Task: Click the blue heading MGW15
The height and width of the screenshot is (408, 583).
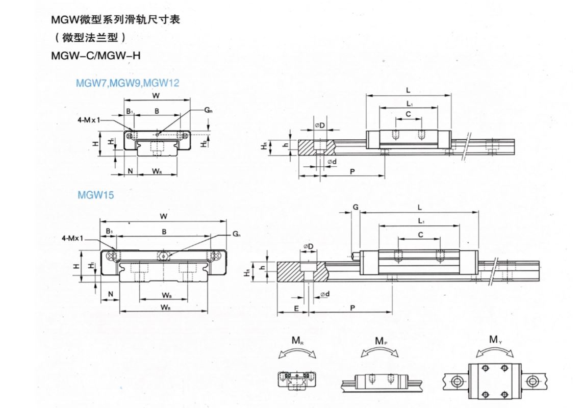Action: coord(95,194)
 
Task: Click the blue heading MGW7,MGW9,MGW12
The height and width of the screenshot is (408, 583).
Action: coord(127,83)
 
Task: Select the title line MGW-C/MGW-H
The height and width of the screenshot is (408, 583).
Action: coord(95,55)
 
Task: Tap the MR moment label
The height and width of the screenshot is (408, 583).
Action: coord(297,341)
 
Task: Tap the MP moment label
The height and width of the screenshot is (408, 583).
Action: coord(381,341)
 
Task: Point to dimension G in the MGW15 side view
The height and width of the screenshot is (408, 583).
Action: coord(355,207)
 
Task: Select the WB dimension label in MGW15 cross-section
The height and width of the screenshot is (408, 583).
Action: coord(166,295)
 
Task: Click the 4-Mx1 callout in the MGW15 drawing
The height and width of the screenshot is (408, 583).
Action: coord(72,238)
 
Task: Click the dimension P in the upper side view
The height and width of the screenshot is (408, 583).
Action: coord(352,172)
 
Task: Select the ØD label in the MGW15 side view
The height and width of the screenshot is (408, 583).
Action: coord(308,247)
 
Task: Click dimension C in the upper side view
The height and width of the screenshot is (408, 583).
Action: coord(409,115)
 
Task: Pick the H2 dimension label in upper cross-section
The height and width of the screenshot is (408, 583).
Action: coord(204,144)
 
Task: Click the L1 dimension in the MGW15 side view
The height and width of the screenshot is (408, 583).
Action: coord(421,221)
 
